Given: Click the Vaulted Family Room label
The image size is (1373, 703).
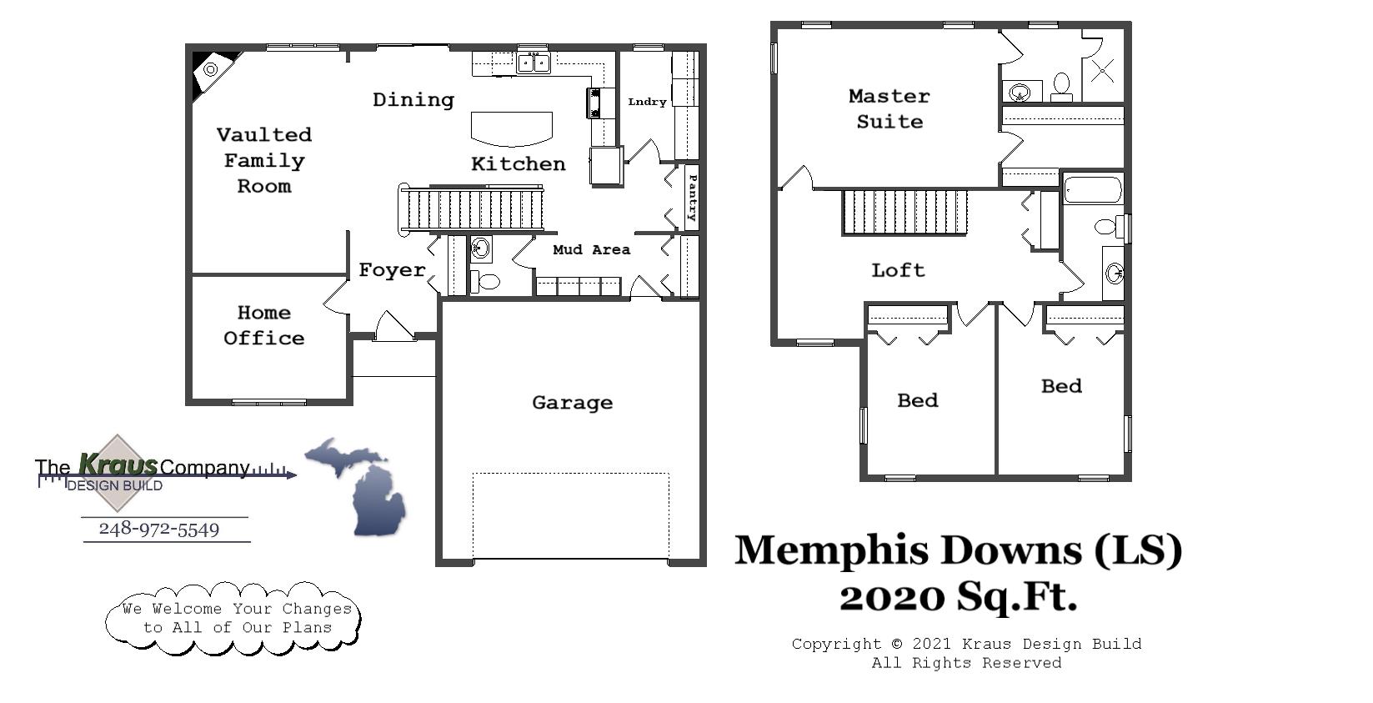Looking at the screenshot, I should point(263,160).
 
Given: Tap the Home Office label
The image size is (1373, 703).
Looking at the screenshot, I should point(263,325).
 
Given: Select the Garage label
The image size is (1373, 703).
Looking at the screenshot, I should point(572,403).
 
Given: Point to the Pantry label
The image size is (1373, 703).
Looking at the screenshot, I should point(692,198).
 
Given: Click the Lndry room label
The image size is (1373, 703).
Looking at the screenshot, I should point(647,102).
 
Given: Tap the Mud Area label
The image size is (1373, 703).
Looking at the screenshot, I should point(591,249).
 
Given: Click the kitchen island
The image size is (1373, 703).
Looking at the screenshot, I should point(512,128).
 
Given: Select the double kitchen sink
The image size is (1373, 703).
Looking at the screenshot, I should point(533,63).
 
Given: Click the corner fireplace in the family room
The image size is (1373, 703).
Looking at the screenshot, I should point(211,71).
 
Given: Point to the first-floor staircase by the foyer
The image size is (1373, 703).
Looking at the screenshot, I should point(472,209).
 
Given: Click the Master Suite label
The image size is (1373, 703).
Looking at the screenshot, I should point(889,108).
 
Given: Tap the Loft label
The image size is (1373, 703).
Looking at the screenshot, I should point(898,270).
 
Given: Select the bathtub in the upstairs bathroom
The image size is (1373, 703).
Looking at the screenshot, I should point(1093,190).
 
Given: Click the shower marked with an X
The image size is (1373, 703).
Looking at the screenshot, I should point(1102,72).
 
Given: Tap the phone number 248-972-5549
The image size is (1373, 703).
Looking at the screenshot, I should point(159,530).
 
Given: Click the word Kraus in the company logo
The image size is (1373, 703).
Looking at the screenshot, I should point(118,464).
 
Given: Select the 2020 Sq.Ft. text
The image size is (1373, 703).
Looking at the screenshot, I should point(958,597).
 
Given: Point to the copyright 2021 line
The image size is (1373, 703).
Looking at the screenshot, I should point(966,644).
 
